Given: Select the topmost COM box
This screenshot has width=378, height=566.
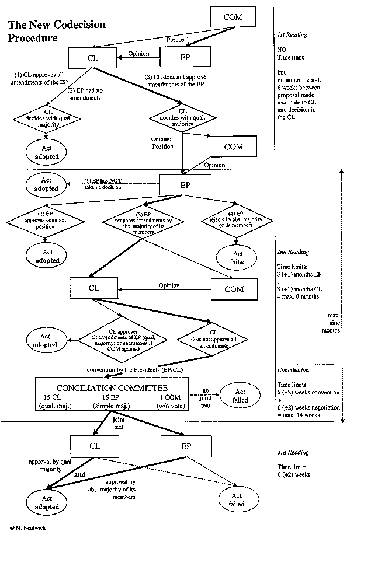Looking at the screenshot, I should tap(233, 18).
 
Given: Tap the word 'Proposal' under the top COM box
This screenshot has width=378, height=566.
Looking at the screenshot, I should tap(178, 40).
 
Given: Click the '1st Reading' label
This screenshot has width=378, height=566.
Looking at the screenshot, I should tap(292, 35).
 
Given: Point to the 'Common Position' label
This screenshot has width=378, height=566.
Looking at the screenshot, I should tap(163, 143).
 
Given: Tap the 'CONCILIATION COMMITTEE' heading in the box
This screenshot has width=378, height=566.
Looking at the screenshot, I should tap(112, 388).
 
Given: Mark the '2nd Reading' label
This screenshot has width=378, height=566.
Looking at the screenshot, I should tap(293, 252).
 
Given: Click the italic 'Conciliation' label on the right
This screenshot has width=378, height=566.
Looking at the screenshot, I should tap(293, 370).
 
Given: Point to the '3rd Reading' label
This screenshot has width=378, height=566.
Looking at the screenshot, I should tap(293, 452).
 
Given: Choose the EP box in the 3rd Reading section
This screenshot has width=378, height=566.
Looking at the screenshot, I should tap(183, 446).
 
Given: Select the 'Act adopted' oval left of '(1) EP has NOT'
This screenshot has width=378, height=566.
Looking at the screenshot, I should tap(46, 185).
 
